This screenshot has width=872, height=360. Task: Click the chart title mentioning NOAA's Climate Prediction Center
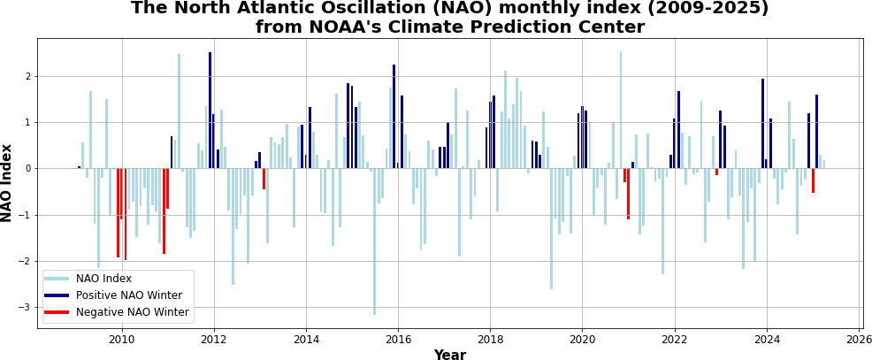(x=449, y=18)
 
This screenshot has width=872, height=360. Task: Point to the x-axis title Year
(x=449, y=355)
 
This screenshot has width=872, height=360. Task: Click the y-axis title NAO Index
(x=7, y=183)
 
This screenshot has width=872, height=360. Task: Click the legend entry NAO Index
(x=103, y=280)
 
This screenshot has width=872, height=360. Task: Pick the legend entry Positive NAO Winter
(x=129, y=295)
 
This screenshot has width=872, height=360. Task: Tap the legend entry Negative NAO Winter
(x=132, y=312)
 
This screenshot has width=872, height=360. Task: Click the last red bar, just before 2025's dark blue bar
(x=813, y=180)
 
